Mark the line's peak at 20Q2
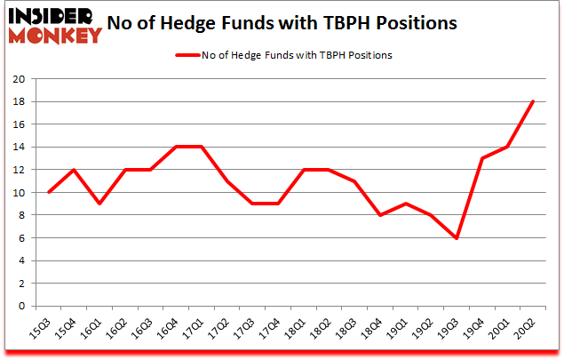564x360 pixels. pos(532,101)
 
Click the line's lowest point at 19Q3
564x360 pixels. pos(456,238)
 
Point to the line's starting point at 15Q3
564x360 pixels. pos(48,192)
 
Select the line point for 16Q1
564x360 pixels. pos(99,204)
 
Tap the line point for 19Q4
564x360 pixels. pos(481,158)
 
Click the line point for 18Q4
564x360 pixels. pos(379,215)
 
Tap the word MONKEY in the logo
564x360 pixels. pos(54,37)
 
